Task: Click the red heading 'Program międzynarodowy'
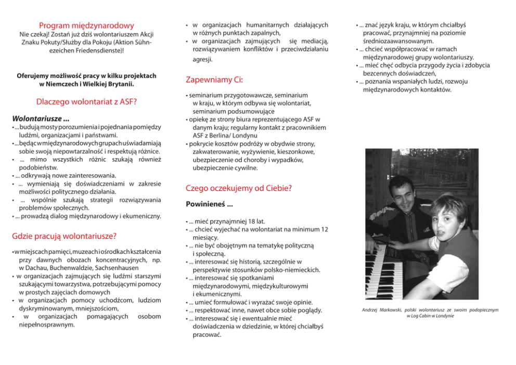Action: tap(86, 25)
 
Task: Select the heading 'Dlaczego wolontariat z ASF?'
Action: tap(86, 101)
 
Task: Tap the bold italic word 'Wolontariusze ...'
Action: tap(41, 118)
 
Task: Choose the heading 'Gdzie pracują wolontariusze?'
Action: tap(64, 236)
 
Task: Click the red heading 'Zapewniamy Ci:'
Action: tap(214, 80)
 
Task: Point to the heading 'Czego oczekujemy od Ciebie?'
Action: tap(239, 188)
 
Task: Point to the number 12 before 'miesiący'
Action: tap(324, 229)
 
